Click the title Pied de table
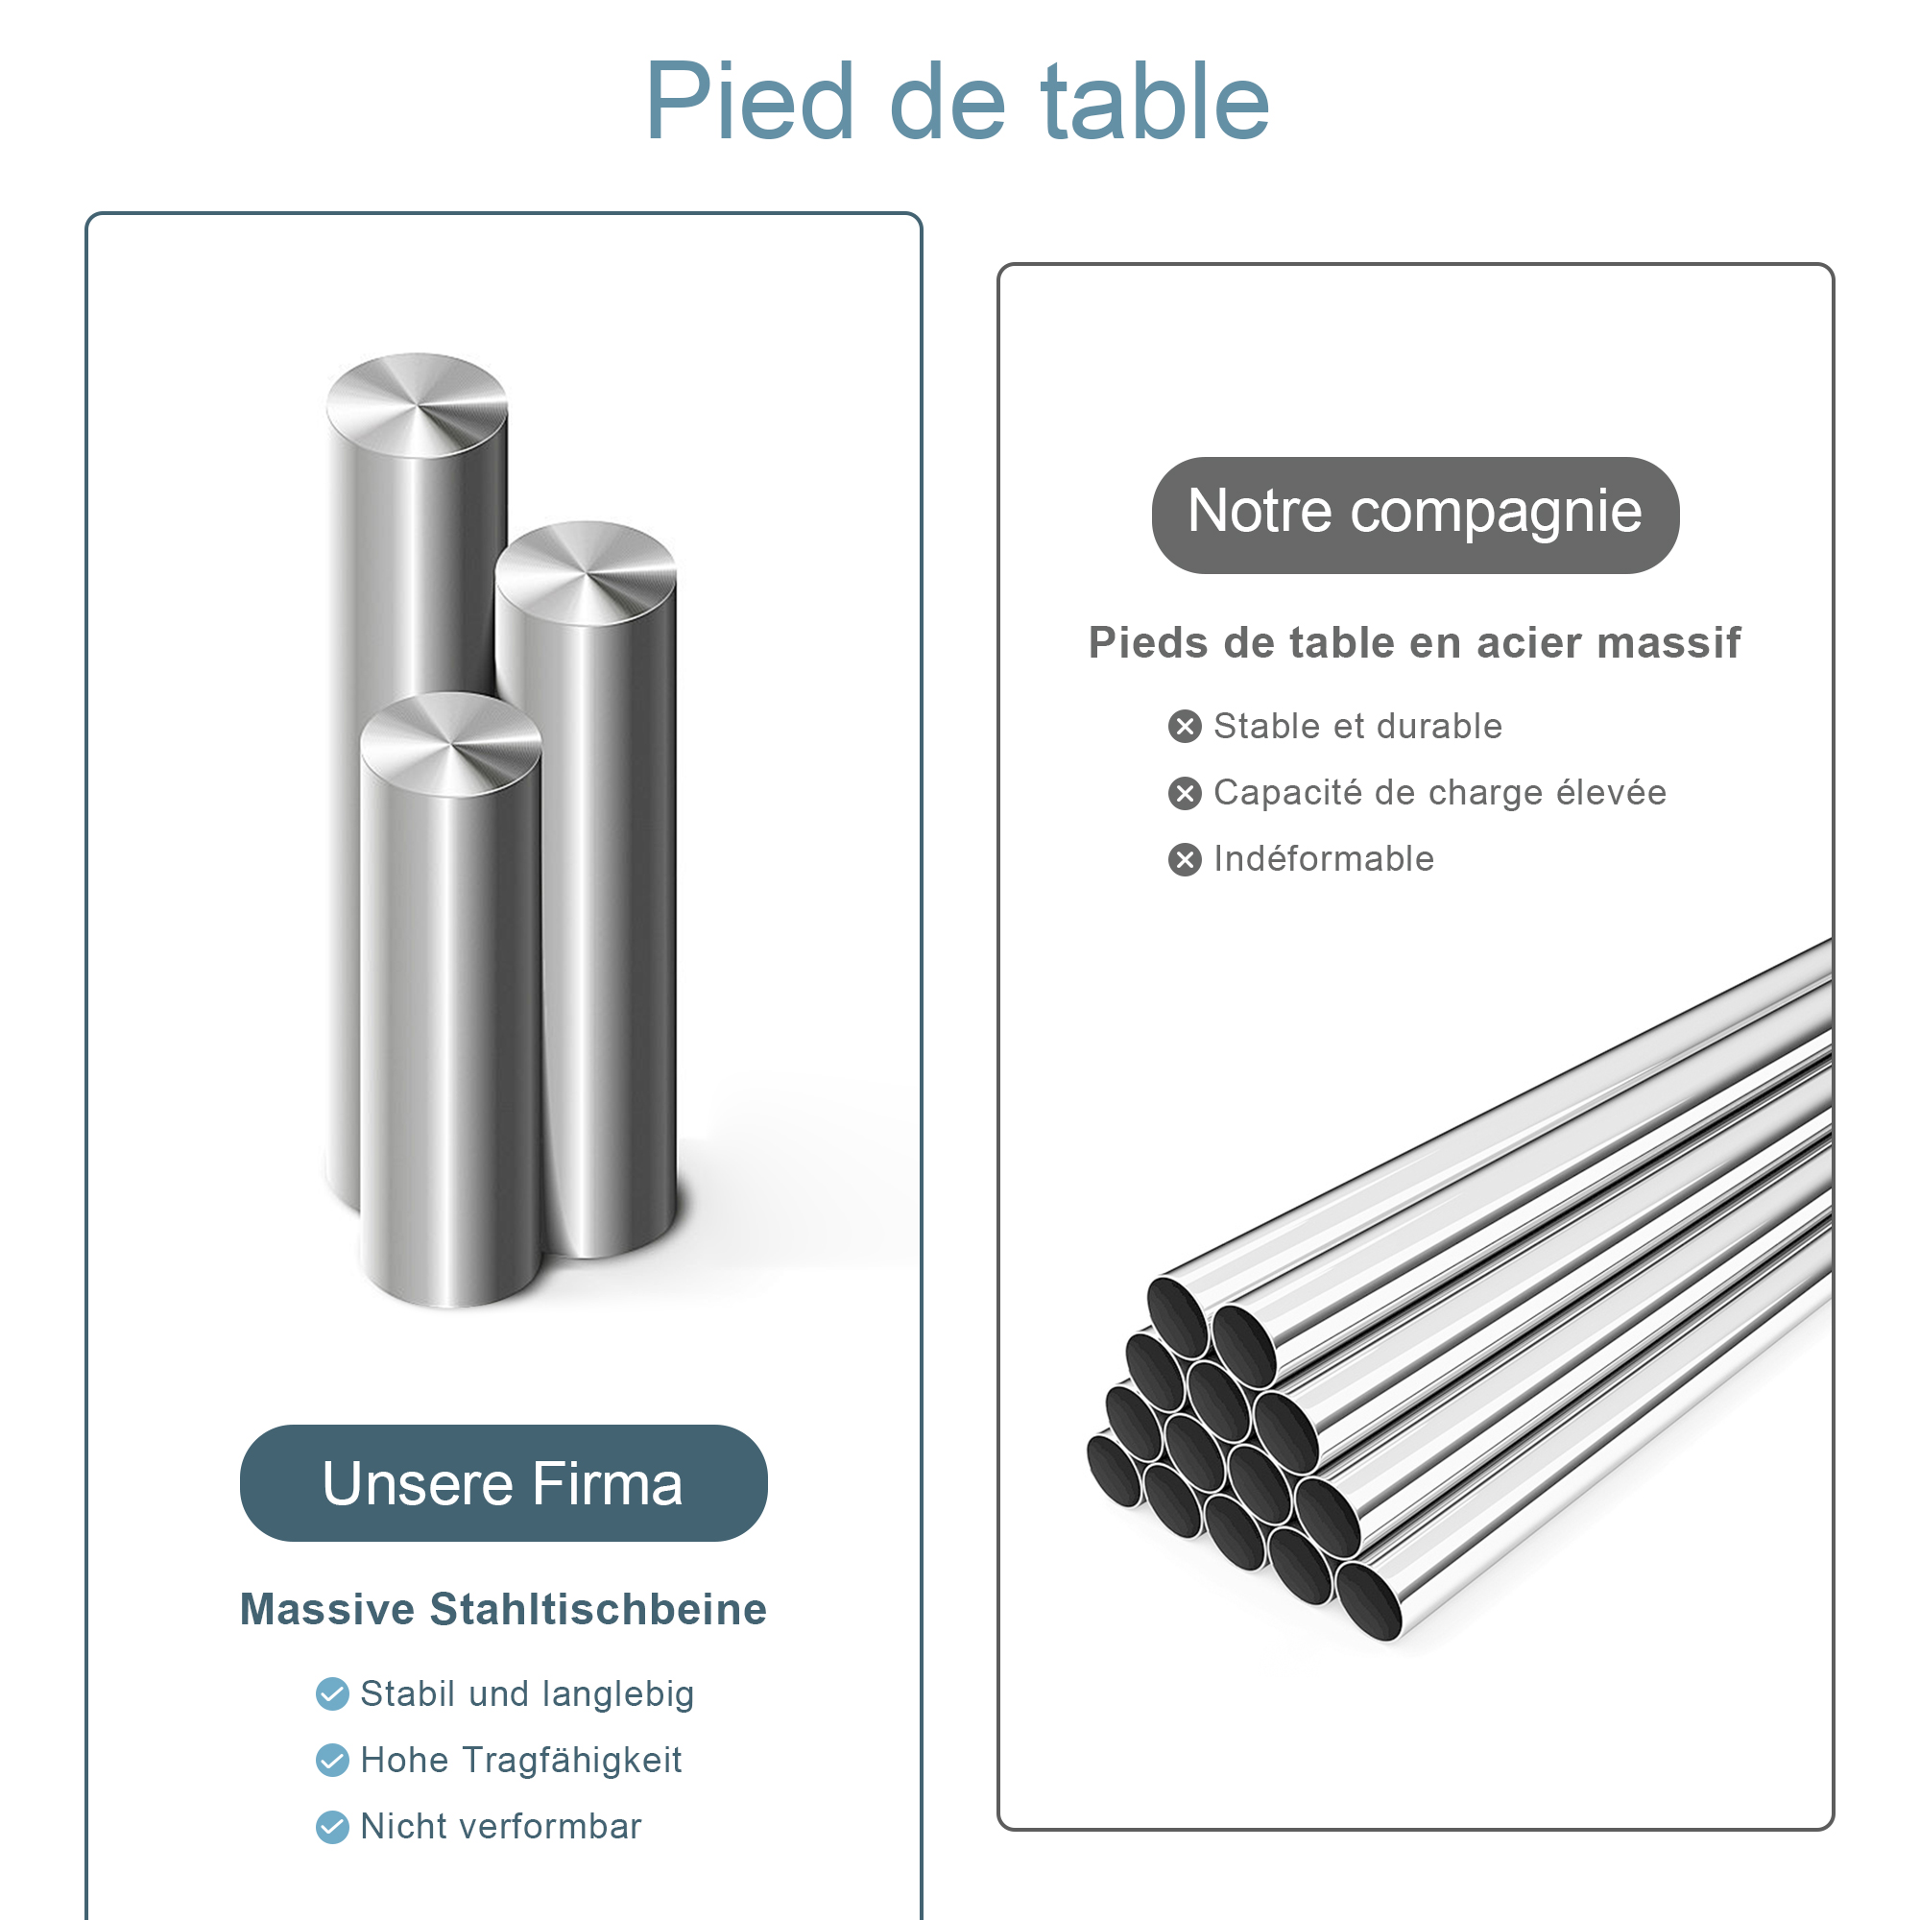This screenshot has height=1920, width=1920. [x=957, y=102]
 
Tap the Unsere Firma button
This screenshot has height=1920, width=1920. [x=503, y=1483]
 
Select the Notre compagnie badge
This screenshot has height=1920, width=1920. [x=1415, y=515]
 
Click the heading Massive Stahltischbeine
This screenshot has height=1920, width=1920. [x=503, y=1609]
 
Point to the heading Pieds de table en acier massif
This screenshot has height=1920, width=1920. [x=1414, y=642]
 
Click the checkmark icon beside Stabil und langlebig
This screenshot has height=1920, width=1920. [x=332, y=1693]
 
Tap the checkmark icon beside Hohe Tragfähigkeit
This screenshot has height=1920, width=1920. [x=332, y=1760]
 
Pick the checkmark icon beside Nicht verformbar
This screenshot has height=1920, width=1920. [x=332, y=1827]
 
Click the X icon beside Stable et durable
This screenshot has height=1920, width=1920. [x=1185, y=727]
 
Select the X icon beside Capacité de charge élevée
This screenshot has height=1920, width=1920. [x=1185, y=793]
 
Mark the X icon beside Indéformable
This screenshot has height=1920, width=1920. [x=1185, y=858]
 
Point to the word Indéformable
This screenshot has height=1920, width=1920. [x=1324, y=858]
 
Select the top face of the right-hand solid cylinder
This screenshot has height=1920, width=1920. [x=587, y=573]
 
